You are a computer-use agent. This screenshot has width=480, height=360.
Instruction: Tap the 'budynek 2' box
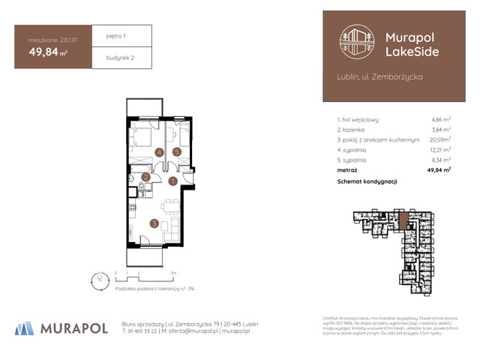tap(121, 57)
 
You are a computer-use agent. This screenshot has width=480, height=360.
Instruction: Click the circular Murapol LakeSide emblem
tap(355, 43)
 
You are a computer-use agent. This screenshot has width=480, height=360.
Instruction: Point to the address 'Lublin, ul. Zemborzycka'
tap(380, 76)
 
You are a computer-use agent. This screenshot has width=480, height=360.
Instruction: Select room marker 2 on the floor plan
tap(145, 177)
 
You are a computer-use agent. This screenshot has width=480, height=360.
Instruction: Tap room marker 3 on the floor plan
tap(153, 222)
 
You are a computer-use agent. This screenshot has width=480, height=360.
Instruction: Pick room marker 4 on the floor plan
tap(159, 151)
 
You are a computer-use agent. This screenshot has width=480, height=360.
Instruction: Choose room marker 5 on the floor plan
tap(177, 151)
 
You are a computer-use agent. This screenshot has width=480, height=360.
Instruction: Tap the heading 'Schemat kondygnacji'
tap(367, 181)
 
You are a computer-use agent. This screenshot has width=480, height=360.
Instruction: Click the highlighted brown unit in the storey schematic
tap(404, 220)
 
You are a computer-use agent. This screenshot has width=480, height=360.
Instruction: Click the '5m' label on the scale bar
tap(173, 273)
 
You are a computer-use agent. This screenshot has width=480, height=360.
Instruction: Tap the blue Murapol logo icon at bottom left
tap(24, 328)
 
